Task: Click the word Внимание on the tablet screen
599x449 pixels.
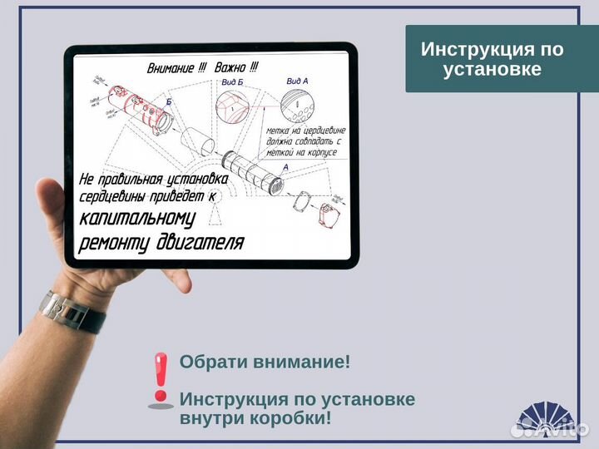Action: click(x=171, y=69)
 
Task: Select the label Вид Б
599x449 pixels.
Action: click(x=232, y=83)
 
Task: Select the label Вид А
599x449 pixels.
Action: click(x=297, y=81)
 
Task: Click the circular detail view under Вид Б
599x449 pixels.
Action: click(x=232, y=108)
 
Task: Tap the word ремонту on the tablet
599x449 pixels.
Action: click(x=113, y=243)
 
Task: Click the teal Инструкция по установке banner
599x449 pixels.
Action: click(x=492, y=58)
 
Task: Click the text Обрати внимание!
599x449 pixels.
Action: click(x=265, y=363)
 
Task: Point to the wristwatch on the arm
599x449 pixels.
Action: click(x=71, y=312)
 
